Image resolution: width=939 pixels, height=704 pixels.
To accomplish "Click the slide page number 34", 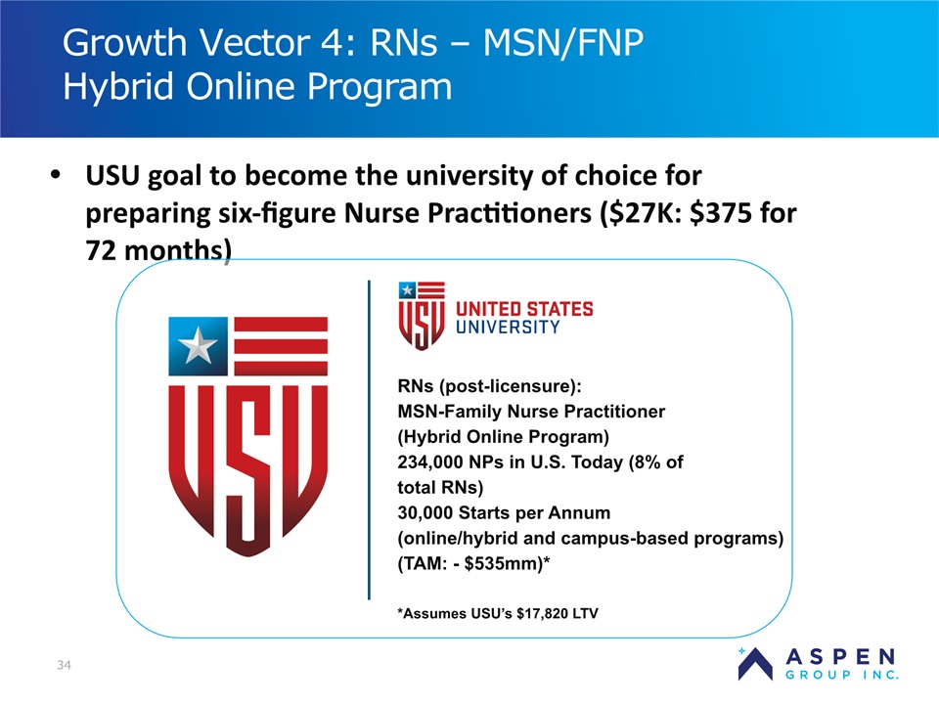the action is point(65,665).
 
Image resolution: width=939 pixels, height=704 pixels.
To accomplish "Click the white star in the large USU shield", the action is point(198,345).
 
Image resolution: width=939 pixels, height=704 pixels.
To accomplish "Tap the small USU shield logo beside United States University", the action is point(422,316).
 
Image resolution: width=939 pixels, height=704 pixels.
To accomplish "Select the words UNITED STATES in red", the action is point(524,309).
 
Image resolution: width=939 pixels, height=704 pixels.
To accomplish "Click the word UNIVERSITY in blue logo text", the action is point(508,327).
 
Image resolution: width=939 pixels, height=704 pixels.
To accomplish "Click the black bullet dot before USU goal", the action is point(56,175).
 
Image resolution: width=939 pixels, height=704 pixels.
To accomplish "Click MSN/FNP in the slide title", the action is point(563,43).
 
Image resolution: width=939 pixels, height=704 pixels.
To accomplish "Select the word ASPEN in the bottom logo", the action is point(841,657).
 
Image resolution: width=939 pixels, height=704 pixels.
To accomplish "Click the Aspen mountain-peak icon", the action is point(754,664).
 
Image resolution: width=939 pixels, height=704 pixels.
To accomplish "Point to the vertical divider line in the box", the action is point(369,440).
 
